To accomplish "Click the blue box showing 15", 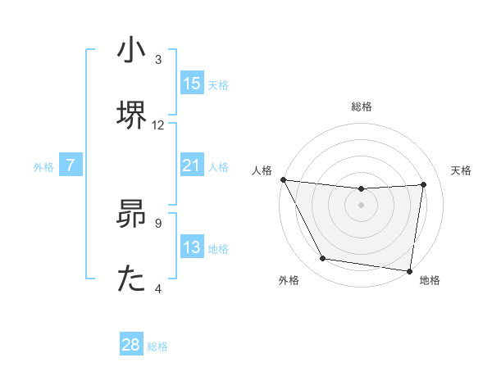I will pos(192,84).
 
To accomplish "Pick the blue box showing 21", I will pos(192,166).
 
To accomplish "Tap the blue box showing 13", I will pos(192,248).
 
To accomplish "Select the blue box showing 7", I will pos(71,166).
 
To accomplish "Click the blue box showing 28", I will pos(131,346).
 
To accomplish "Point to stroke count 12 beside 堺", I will pos(159,125).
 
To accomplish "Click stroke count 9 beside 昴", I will pos(159,222).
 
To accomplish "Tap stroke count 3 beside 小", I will pos(159,60).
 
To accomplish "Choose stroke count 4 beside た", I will pos(159,288).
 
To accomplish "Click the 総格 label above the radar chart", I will pos(362,106).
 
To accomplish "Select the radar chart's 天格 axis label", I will pos(462,170).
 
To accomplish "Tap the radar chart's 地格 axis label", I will pos(430,280).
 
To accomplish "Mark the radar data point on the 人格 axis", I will pos(283,179).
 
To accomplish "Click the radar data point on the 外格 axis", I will pos(322,260).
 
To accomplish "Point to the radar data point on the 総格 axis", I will pos(362,189).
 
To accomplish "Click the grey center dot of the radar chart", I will pos(362,205).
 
